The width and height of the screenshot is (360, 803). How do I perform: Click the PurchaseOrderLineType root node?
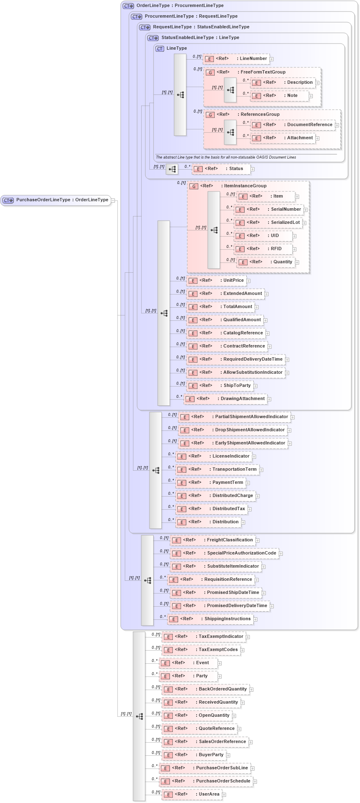[x=56, y=200]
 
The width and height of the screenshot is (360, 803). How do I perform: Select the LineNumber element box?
[x=237, y=59]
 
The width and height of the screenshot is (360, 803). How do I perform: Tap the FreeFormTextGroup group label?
[x=263, y=72]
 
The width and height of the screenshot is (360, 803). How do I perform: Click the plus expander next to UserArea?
[x=224, y=795]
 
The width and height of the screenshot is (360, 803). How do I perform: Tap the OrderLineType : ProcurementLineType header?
[x=180, y=6]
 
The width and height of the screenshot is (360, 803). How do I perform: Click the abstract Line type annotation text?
[x=226, y=157]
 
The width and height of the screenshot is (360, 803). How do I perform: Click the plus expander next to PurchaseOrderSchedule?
[x=255, y=782]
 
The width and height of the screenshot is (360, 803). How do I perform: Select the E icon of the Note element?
[x=256, y=96]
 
